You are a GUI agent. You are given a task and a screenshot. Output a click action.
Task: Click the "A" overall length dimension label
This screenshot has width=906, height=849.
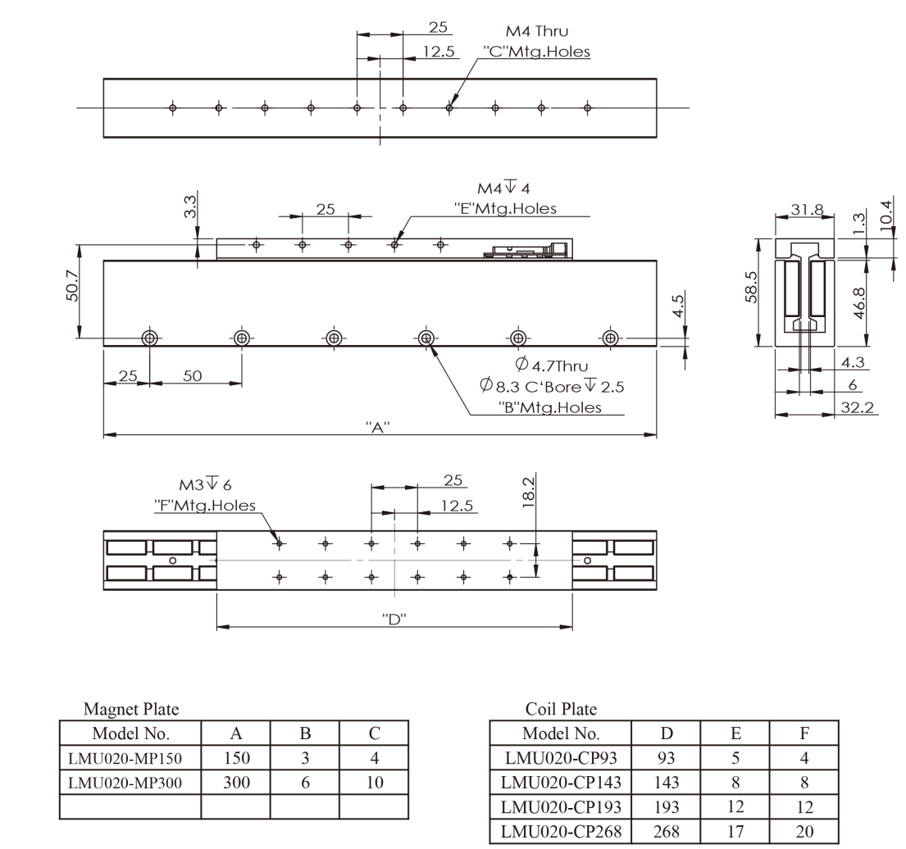coord(378,428)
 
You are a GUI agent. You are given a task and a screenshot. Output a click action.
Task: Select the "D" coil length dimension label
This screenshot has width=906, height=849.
coord(394,620)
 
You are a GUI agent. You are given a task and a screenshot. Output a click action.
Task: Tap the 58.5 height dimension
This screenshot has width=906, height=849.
coord(750,287)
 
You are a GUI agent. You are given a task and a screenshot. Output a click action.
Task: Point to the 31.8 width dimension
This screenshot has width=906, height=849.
coord(807,209)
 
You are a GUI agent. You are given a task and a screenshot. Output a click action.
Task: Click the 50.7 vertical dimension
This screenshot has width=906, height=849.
coord(72,285)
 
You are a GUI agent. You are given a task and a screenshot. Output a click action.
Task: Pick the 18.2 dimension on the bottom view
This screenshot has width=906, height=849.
coord(528,492)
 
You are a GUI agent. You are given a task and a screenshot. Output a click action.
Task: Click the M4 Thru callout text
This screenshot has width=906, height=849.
coord(537,31)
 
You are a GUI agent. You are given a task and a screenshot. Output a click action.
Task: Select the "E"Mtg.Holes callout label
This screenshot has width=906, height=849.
coord(506,208)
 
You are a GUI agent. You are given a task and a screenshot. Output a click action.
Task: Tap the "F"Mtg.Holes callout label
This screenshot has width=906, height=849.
coord(205,506)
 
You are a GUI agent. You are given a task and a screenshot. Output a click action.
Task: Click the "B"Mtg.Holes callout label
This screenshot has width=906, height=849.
coord(550,407)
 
